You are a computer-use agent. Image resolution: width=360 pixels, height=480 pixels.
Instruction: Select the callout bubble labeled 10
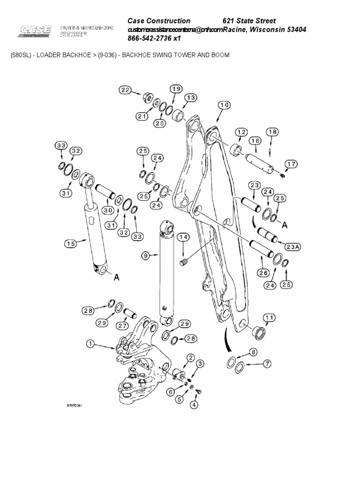click(x=223, y=105)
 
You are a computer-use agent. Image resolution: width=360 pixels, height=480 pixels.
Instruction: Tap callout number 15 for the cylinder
click(x=71, y=243)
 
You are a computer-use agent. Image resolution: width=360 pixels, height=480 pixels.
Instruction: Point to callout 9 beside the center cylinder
click(x=146, y=255)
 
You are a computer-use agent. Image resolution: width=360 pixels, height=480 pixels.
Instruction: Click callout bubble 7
click(x=268, y=363)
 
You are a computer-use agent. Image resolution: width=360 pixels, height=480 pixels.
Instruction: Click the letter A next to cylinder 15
click(x=117, y=277)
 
